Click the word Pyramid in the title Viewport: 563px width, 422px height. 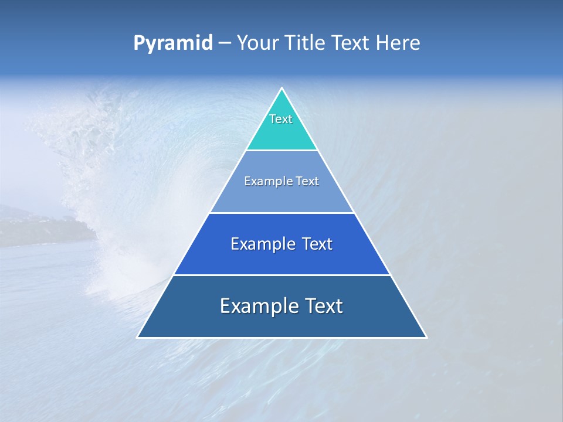173,43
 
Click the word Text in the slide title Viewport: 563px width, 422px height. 350,43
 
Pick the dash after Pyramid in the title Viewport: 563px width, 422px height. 225,43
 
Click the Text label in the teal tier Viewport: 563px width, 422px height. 281,119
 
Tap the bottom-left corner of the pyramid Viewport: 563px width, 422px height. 138,337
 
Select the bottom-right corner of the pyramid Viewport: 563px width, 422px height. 426,337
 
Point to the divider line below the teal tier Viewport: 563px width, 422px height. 282,151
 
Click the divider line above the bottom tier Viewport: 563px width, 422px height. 282,275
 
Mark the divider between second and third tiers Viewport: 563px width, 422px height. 282,213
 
